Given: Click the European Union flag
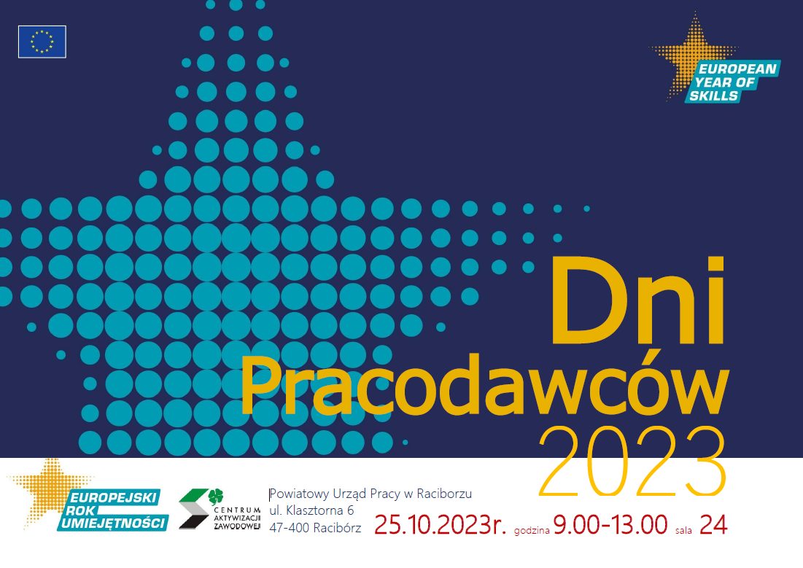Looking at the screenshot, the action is tap(42, 42).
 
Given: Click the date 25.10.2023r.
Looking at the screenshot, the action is tap(440, 525).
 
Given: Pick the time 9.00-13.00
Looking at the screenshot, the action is tap(610, 525).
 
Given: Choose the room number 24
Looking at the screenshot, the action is tap(713, 525).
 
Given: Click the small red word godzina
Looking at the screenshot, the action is tap(532, 531).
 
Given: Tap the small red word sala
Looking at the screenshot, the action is tap(683, 531).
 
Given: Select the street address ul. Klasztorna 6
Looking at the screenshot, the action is tap(311, 510).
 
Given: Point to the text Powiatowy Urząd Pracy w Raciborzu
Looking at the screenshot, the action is tap(371, 494).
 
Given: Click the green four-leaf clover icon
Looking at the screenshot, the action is tap(216, 497).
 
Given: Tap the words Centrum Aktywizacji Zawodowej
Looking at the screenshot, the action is tap(237, 518).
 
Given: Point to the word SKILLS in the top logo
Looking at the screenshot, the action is tap(713, 96).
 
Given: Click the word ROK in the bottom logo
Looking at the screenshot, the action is tap(81, 510).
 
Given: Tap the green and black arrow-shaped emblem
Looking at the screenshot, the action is tap(193, 509).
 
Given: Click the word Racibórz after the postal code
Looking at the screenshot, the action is tap(337, 528).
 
